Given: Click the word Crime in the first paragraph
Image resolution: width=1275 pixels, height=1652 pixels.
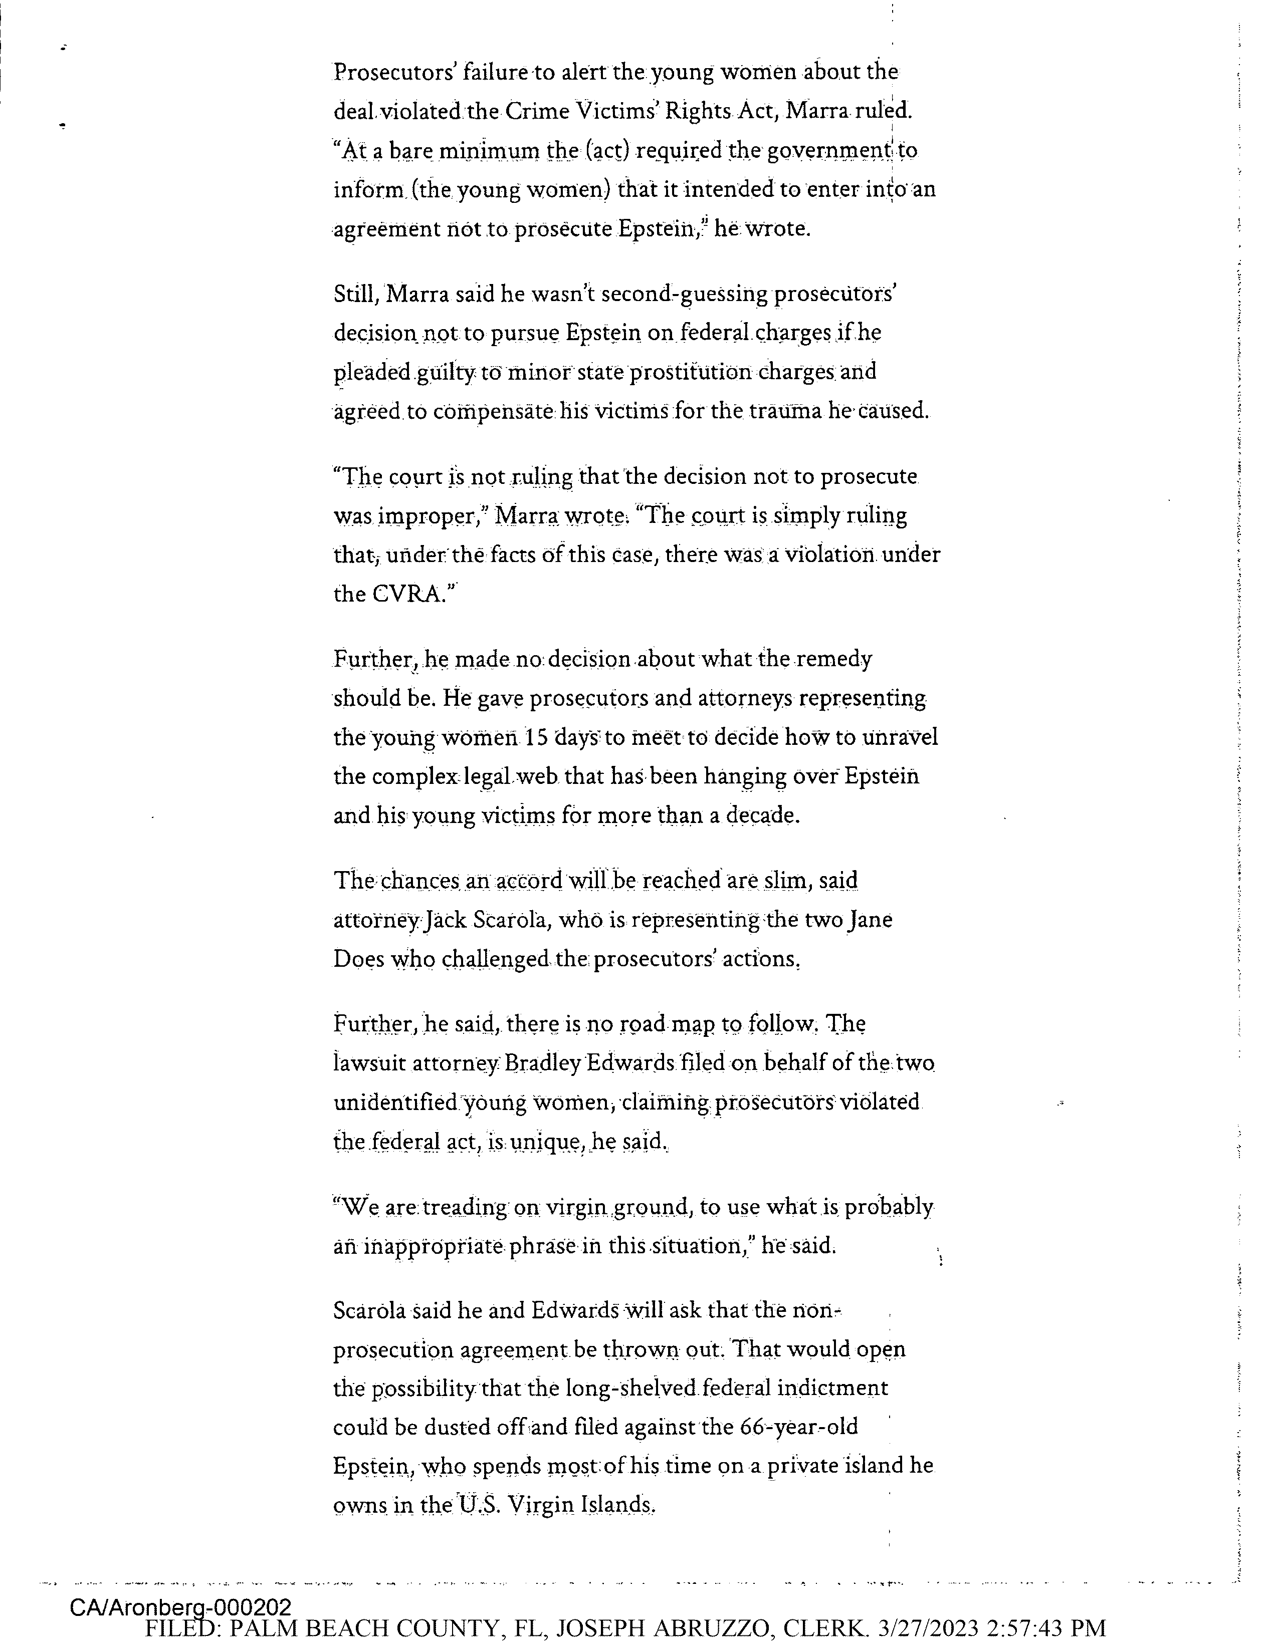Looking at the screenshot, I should tap(537, 111).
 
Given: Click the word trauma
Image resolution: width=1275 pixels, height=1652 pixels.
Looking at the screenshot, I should tap(785, 411).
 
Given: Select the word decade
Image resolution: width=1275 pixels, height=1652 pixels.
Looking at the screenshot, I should tap(762, 815).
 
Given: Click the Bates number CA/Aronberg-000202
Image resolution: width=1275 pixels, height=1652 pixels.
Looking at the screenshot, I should tap(180, 1606).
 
